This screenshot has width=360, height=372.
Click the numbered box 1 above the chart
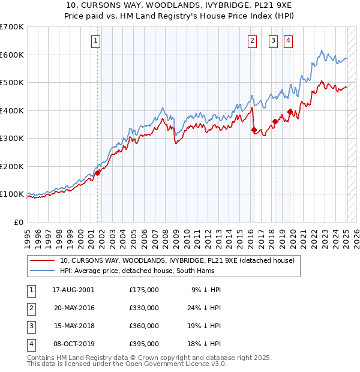click(96, 41)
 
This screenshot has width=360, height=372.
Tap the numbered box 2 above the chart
click(252, 41)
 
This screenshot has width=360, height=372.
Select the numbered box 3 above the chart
click(274, 41)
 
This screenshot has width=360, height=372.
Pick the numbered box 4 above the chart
click(289, 41)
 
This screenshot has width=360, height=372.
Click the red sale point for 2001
click(97, 173)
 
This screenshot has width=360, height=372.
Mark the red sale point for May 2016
click(254, 130)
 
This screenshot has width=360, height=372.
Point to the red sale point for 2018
click(275, 121)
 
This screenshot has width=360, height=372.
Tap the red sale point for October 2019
click(290, 112)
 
